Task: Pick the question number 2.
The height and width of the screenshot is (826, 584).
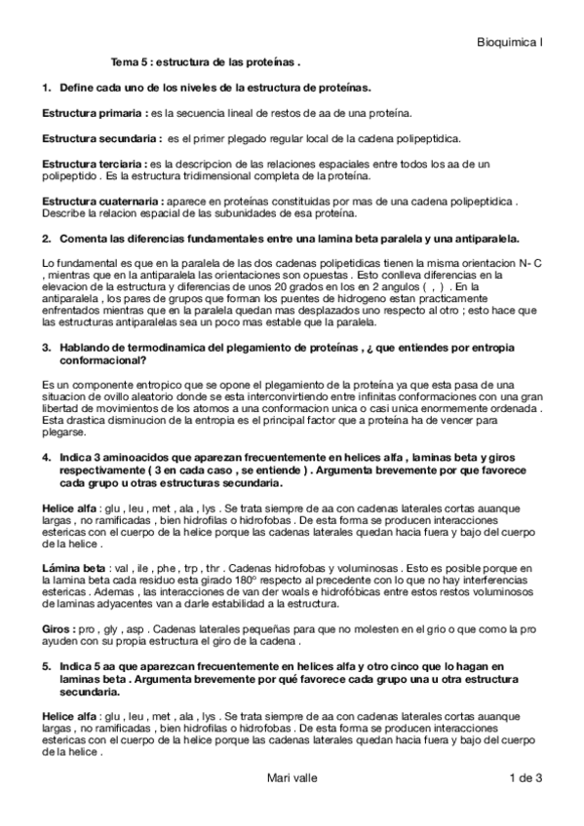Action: pyautogui.click(x=46, y=238)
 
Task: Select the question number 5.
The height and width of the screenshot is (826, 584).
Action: pyautogui.click(x=46, y=665)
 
